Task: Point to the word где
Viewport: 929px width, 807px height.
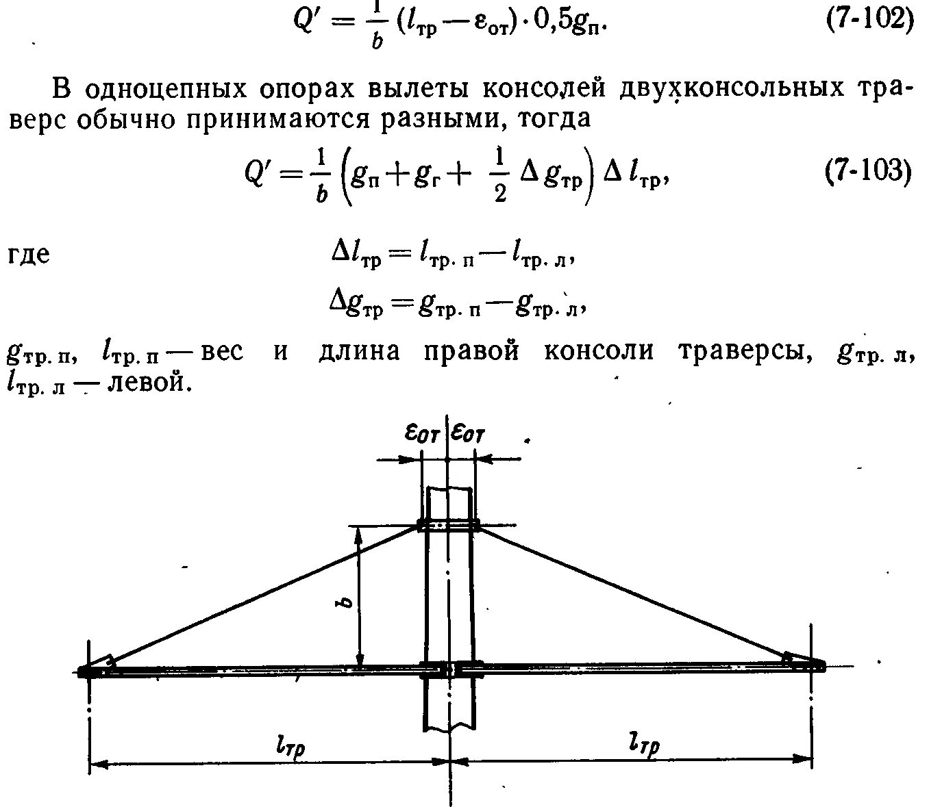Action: point(29,255)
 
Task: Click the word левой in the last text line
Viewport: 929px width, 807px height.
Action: point(149,381)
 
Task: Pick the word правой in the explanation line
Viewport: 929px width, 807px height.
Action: point(471,351)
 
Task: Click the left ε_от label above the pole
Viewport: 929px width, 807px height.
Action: point(421,433)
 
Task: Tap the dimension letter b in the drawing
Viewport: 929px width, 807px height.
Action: point(347,602)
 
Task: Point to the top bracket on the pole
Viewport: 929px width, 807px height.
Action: point(448,526)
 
